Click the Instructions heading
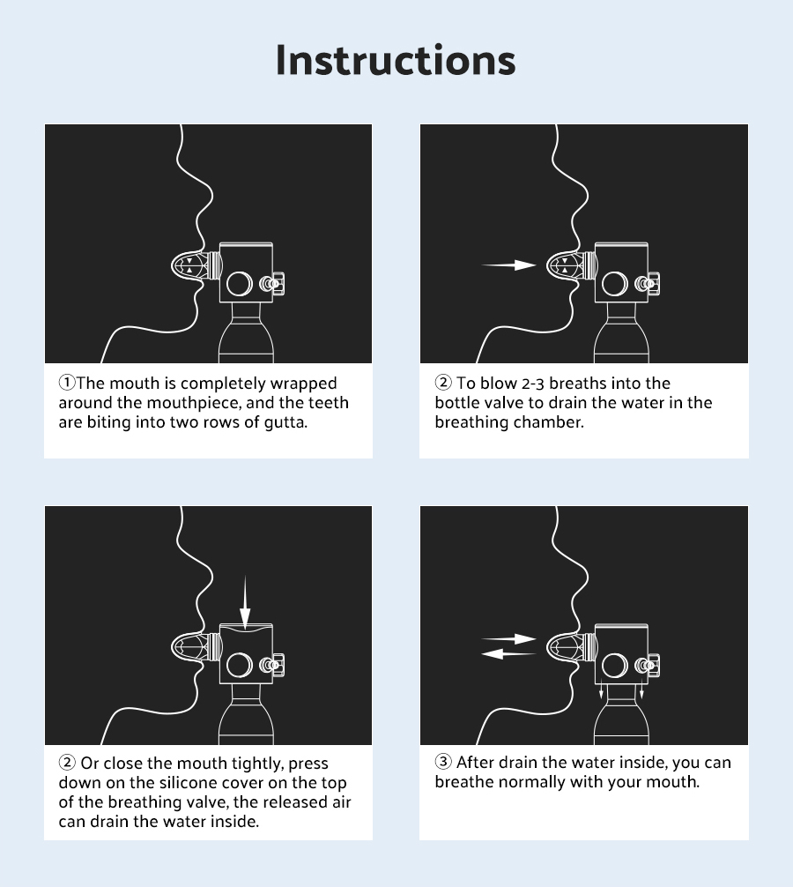[x=396, y=60]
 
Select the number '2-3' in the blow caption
[x=532, y=384]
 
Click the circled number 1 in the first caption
[x=67, y=383]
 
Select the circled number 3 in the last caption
[x=442, y=762]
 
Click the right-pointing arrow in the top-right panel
[x=508, y=265]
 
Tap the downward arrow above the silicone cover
[x=245, y=602]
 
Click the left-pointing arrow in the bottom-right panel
[x=508, y=654]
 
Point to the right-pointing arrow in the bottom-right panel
[x=508, y=639]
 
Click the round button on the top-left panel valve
[x=240, y=283]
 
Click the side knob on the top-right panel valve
[x=648, y=283]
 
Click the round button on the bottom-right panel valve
[x=615, y=665]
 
